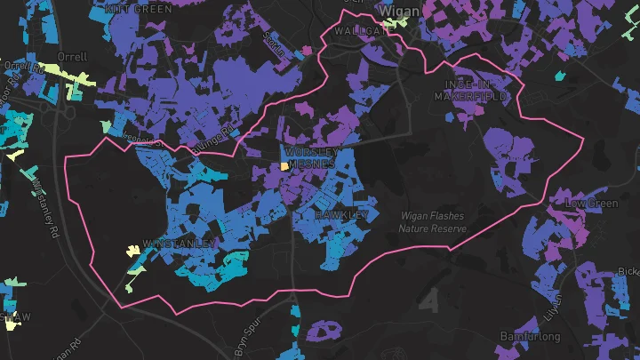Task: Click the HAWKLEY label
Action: coord(342,215)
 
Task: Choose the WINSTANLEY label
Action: coord(180,243)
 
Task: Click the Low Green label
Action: coord(591,204)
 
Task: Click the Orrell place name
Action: coord(71,57)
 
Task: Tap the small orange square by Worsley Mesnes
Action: coord(284,165)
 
